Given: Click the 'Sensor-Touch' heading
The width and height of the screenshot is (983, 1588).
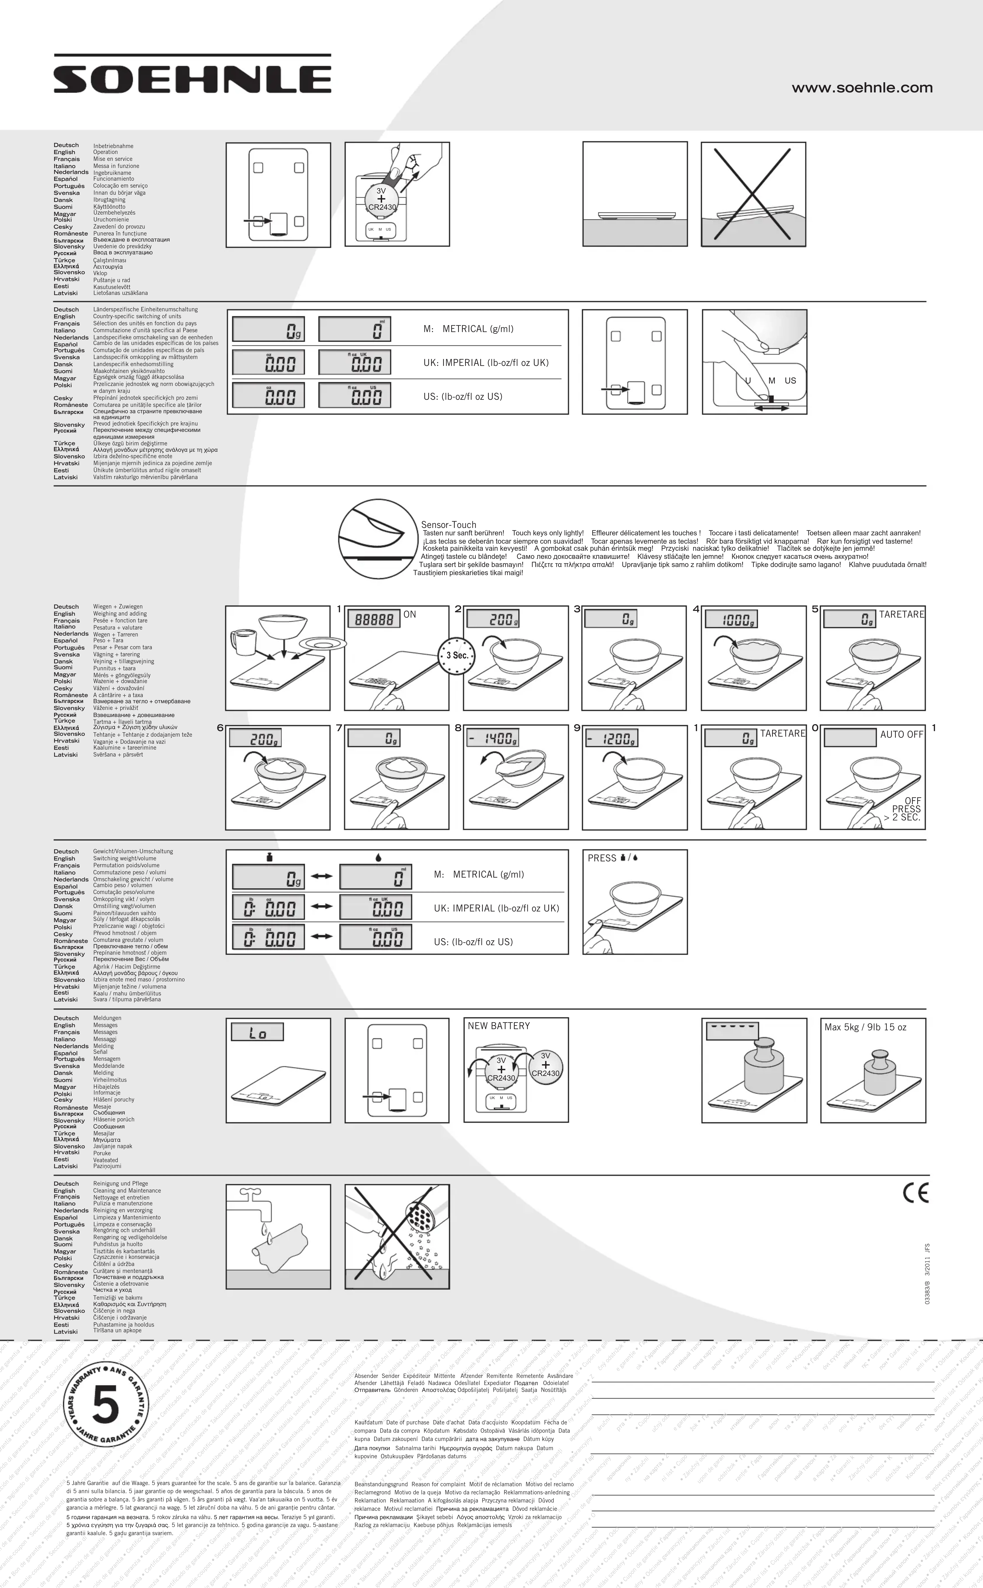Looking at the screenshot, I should click(x=449, y=524).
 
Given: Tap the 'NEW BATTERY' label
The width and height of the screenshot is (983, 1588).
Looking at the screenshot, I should click(x=499, y=1026).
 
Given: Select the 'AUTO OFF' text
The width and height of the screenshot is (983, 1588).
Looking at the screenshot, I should click(x=901, y=734).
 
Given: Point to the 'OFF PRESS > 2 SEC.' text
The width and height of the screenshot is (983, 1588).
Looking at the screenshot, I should click(x=904, y=809).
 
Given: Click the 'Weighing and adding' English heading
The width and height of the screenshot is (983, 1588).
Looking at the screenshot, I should click(x=120, y=613).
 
